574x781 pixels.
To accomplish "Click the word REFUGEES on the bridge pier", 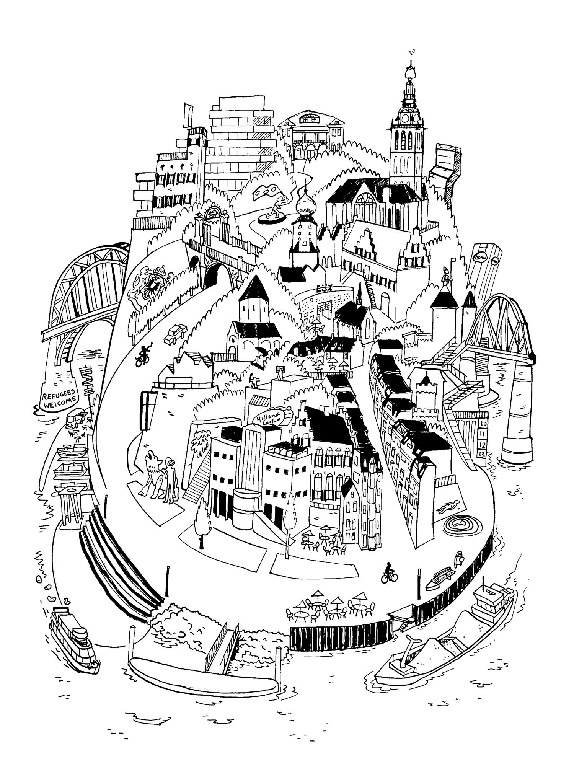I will click(57, 396).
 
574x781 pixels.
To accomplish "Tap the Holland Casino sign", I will click(271, 418).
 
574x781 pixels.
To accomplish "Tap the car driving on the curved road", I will click(175, 334).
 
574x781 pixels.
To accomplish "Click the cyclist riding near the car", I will click(143, 355).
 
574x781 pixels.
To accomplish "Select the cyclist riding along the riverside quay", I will click(389, 573).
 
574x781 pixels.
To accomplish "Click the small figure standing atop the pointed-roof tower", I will click(445, 275).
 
